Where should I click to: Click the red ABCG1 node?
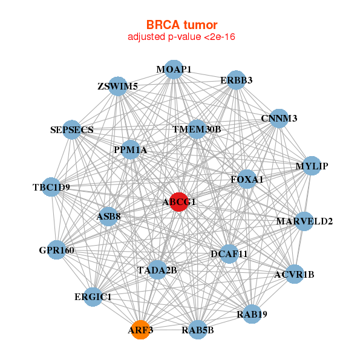[178, 202]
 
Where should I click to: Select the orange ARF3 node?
[140, 330]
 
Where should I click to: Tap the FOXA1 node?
[247, 179]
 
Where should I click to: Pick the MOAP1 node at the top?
[174, 70]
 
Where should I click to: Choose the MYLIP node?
[311, 166]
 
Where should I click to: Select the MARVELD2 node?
[304, 221]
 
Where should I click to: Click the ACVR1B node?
[295, 275]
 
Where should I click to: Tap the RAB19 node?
[252, 314]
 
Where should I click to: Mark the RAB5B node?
[197, 330]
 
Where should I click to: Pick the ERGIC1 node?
[93, 297]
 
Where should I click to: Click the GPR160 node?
[57, 250]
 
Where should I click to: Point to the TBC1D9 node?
[52, 187]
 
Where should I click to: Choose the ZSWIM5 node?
[118, 86]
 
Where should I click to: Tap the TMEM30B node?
[197, 129]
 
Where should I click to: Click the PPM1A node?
[131, 149]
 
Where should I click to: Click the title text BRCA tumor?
[181, 25]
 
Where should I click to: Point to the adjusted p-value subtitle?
[181, 38]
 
